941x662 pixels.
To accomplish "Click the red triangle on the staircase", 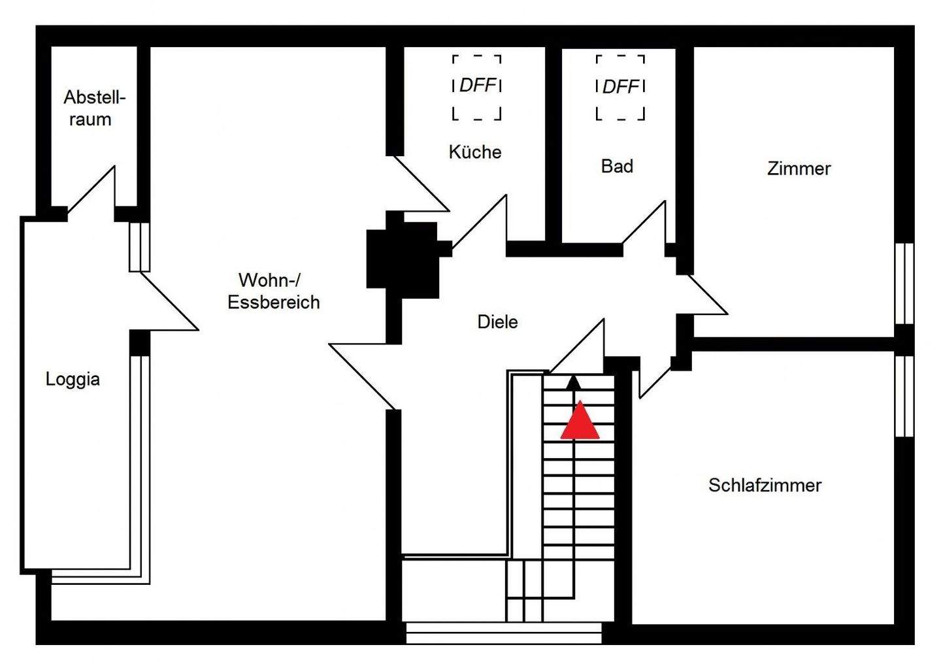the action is coord(580,420).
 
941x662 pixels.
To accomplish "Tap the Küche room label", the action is coord(475,152).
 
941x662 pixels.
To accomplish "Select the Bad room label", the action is coord(617,166).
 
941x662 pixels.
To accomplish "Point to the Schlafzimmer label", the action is coord(765,485).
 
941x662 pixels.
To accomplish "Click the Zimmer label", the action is coord(799,169).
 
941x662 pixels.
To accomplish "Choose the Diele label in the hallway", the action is coord(497,322).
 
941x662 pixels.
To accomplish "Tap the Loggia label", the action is coord(73,379).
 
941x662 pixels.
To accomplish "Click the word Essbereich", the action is coord(274,302).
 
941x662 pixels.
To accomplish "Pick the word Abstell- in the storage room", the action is coord(95,97).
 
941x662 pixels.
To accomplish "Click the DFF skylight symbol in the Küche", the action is coord(477,88).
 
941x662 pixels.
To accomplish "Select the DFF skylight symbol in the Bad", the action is coord(621,88).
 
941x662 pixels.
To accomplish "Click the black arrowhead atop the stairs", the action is coord(574,382).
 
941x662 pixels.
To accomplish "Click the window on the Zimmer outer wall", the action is coord(904,284).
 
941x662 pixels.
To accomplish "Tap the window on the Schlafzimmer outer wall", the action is coord(904,397).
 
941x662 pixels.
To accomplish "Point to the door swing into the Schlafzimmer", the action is coord(655,383).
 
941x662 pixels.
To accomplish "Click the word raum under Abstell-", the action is coord(90,120).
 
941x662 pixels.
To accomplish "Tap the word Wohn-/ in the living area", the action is coord(270,280).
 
